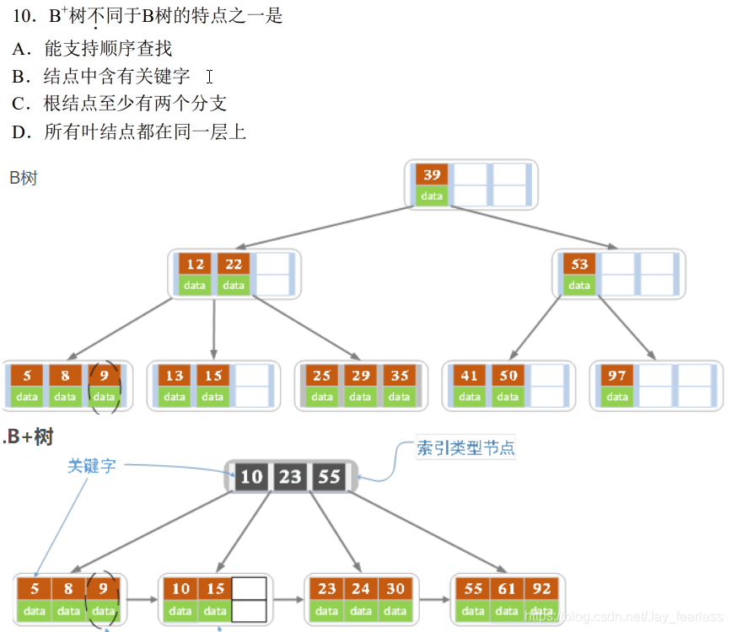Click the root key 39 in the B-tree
click(432, 175)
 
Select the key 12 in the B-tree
click(196, 265)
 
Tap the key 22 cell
click(234, 265)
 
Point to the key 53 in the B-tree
click(579, 265)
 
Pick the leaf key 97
click(617, 376)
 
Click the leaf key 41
click(470, 376)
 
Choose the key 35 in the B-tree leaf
click(399, 376)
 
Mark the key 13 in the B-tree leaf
click(175, 376)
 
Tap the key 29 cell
click(360, 376)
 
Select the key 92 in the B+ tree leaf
click(542, 589)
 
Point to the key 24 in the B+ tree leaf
click(361, 589)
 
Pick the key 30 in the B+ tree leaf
click(396, 589)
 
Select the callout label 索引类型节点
click(465, 448)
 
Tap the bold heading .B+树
click(30, 437)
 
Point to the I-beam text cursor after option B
click(208, 77)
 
